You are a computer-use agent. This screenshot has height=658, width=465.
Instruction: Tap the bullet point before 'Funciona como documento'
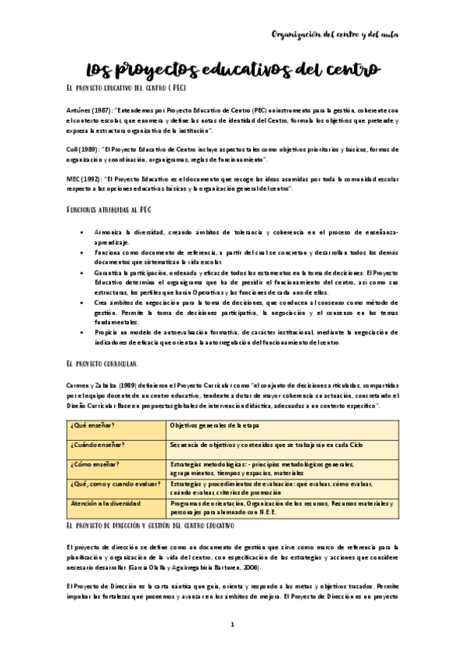tap(82, 253)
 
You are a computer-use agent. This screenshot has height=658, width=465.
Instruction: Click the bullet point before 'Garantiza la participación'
tap(82, 273)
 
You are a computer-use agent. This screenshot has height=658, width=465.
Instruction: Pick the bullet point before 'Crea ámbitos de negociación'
tap(82, 303)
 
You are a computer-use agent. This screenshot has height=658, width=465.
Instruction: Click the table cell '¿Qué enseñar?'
tap(117, 426)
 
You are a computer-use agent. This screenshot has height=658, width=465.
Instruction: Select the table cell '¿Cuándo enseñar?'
tap(117, 445)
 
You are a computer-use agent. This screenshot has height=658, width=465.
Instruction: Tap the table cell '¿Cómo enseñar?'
tap(117, 465)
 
